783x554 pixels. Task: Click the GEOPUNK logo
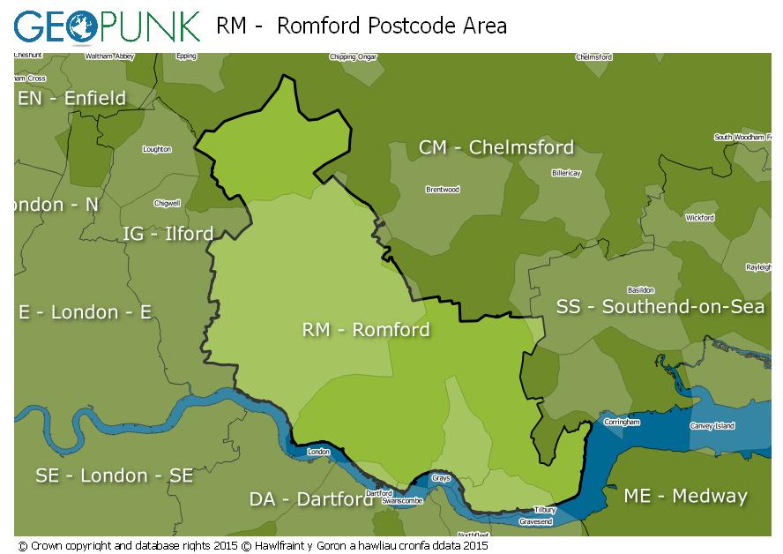pos(108,26)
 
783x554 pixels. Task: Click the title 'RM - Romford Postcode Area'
pos(362,26)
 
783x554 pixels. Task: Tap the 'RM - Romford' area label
pos(366,330)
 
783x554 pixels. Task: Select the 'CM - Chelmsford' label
pos(496,147)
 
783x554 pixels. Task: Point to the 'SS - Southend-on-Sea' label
pos(660,307)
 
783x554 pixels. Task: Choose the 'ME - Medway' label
pos(685,496)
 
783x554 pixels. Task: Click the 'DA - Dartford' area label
pos(311,499)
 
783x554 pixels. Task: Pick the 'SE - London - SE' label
pos(114,475)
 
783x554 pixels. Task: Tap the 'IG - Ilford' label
pos(168,234)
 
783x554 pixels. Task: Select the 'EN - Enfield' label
pos(72,98)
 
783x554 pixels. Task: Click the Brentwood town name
pos(443,190)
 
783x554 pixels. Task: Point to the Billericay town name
pos(566,174)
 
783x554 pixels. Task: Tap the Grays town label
pos(441,478)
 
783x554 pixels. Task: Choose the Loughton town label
pos(157,149)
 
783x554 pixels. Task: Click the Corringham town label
pos(622,423)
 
